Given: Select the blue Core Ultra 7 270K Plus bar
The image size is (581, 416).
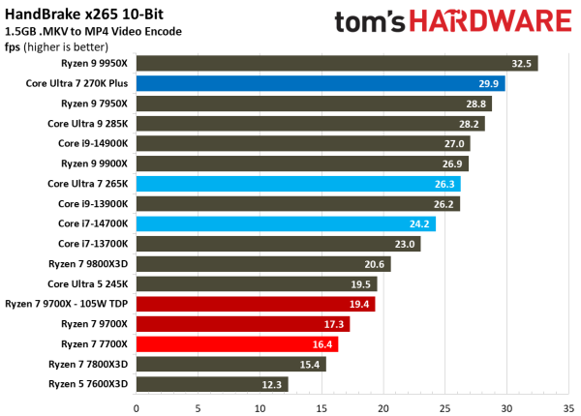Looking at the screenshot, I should (x=320, y=83).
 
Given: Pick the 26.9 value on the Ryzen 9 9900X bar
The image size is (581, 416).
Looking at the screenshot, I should (x=452, y=163).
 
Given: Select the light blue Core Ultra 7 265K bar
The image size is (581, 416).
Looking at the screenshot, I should (x=298, y=184).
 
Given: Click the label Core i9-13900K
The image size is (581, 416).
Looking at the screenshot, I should (x=92, y=203).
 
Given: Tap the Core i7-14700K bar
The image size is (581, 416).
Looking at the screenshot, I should (x=286, y=223).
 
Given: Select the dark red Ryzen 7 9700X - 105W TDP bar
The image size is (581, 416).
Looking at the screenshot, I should (x=256, y=304).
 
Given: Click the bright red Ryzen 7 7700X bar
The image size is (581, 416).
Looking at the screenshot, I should (x=237, y=343).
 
